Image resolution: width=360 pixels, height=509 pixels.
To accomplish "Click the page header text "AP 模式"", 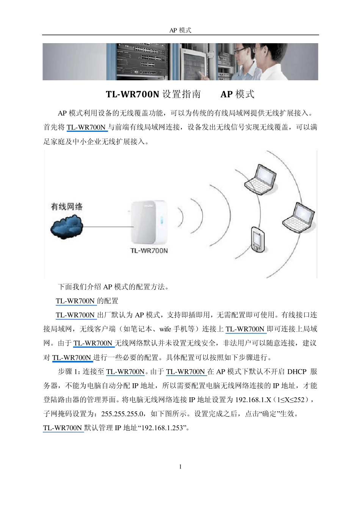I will point(180,30).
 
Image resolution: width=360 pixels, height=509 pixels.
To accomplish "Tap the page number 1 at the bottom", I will point(180,467).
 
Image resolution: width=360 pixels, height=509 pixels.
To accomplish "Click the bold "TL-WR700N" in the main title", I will point(132,94).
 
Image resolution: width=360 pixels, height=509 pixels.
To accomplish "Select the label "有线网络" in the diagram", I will point(67,206).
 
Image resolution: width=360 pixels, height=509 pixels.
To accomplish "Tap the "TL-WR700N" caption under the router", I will point(149,250).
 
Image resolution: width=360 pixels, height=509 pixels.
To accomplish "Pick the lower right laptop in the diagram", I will point(299,217).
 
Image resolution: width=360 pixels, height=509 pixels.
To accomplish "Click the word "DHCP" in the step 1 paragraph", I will point(297,372).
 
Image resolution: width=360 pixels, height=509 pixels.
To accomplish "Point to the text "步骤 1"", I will point(69,372).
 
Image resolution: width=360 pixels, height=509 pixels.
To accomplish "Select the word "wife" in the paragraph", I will point(165,329).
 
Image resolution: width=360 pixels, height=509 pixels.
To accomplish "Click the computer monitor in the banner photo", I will point(193,62).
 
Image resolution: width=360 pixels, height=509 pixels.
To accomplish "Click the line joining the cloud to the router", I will point(106,226).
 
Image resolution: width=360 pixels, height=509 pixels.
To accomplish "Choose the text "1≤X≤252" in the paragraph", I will point(291,400).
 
